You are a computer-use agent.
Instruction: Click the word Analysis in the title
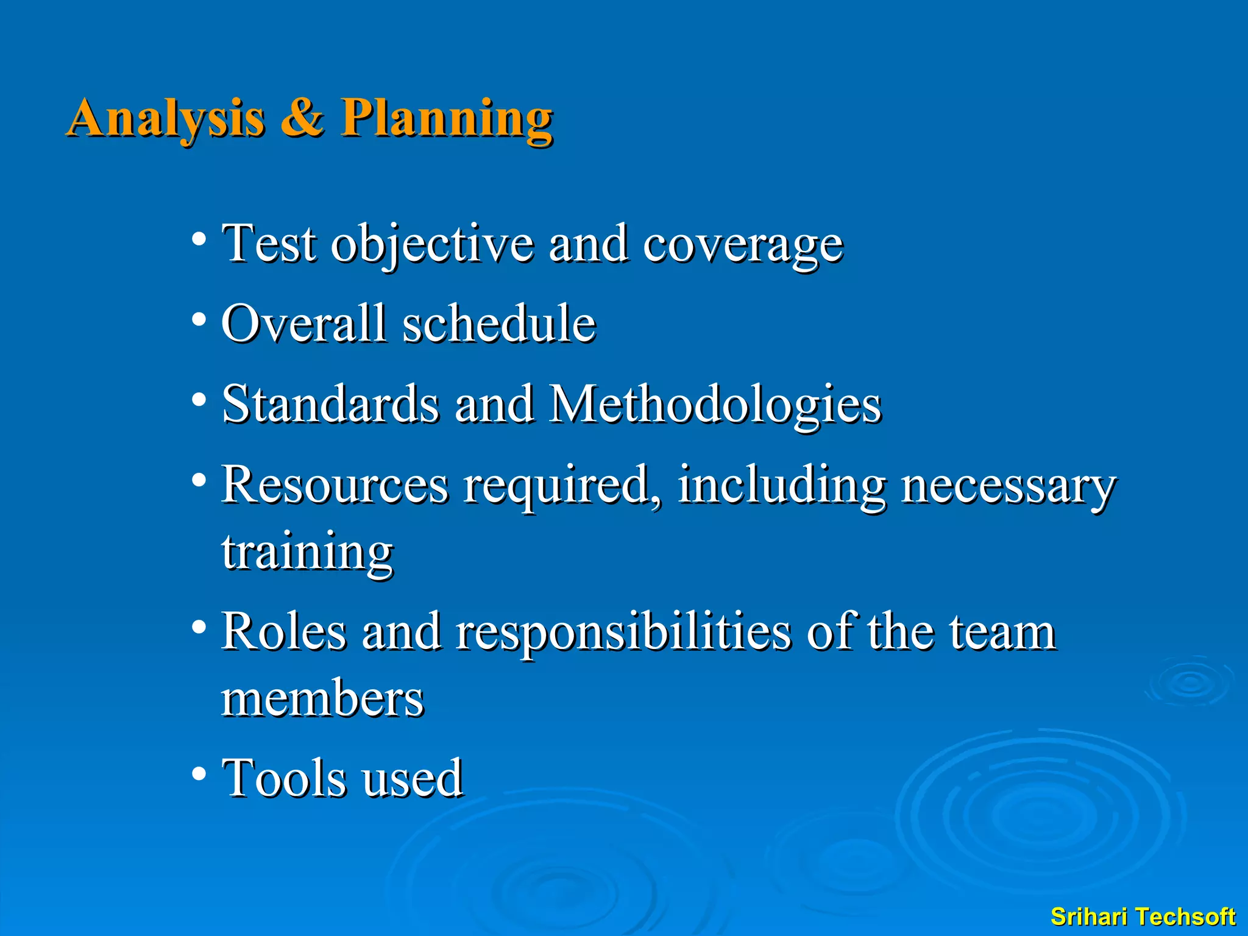click(x=166, y=118)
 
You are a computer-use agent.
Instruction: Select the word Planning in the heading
click(x=446, y=118)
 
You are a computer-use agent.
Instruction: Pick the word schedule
click(x=498, y=324)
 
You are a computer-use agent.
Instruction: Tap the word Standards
click(x=330, y=404)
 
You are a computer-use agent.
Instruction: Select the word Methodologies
click(x=715, y=405)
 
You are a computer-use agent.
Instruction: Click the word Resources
click(x=334, y=485)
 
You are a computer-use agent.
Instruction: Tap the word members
click(x=322, y=699)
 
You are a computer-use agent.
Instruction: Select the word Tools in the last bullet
click(x=284, y=778)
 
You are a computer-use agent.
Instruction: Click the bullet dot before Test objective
click(x=198, y=238)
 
